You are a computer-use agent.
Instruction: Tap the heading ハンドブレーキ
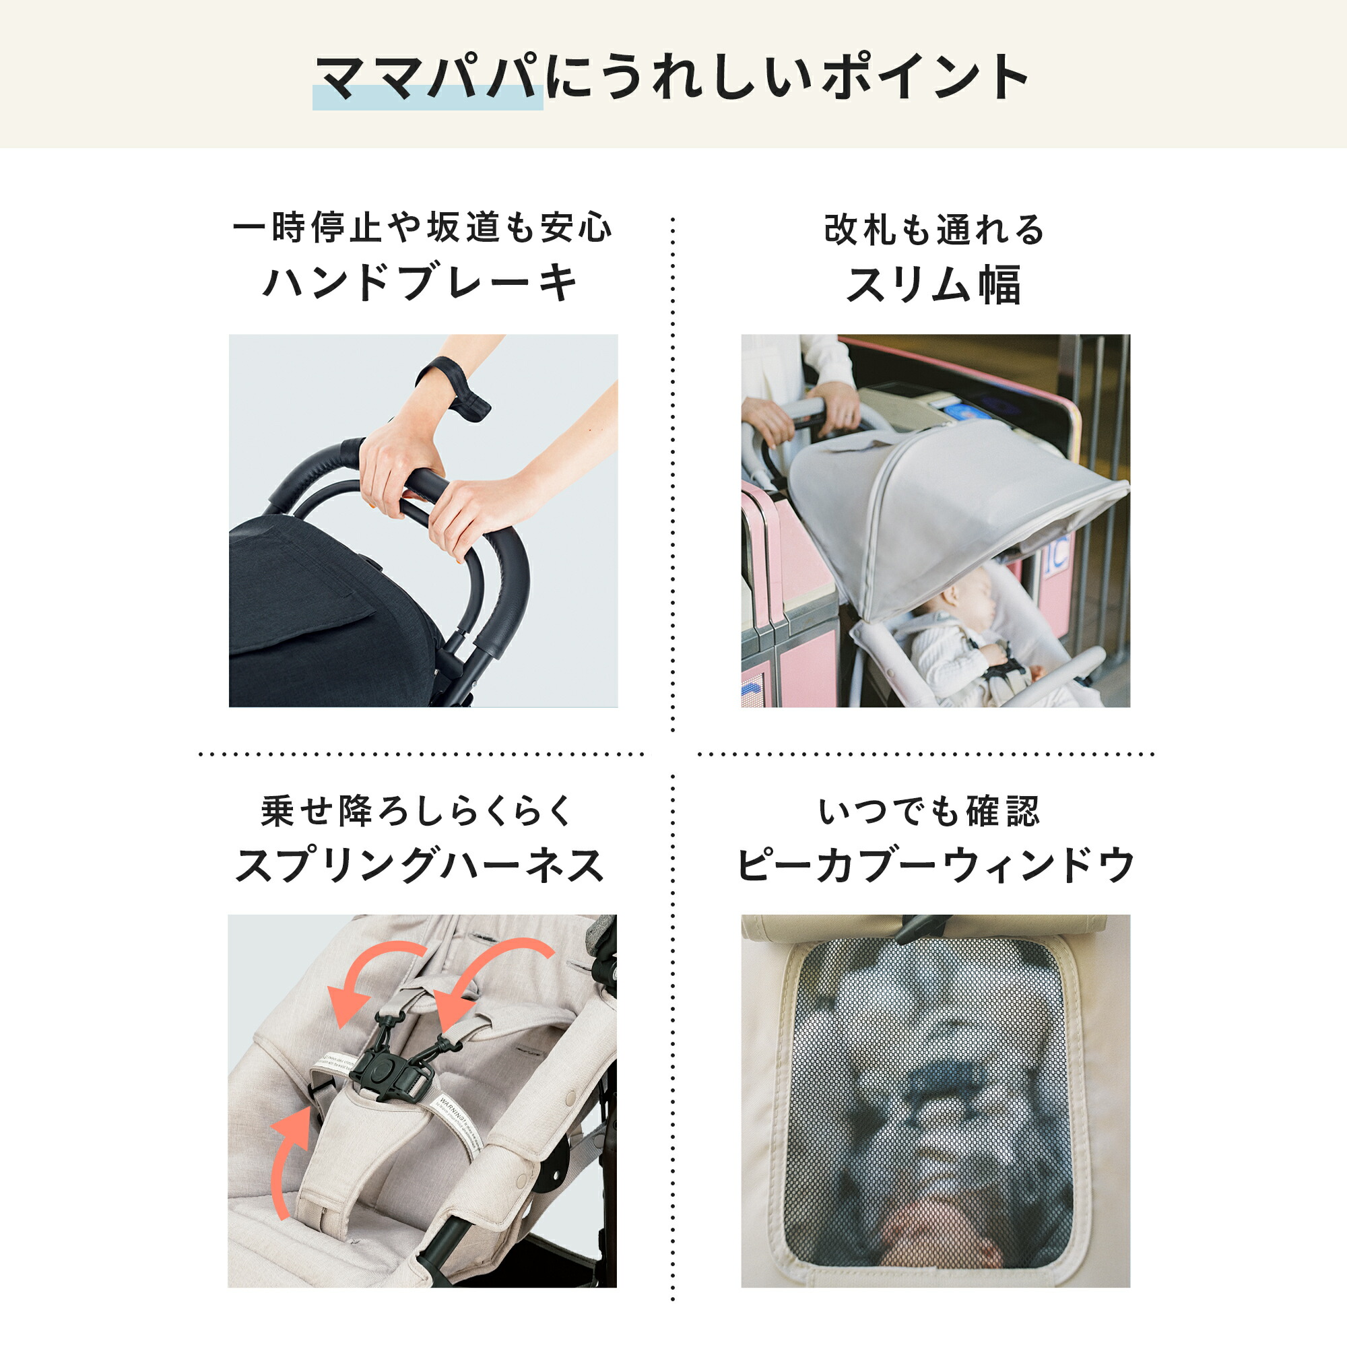(421, 282)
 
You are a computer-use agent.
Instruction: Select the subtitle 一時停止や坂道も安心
(422, 228)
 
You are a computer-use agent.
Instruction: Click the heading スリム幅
(934, 284)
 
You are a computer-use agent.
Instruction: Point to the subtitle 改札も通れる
(934, 230)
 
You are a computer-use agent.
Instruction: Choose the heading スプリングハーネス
(420, 867)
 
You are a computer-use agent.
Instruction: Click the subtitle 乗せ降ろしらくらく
(417, 812)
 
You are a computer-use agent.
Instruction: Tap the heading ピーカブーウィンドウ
(935, 866)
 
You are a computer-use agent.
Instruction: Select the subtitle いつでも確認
(929, 812)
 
